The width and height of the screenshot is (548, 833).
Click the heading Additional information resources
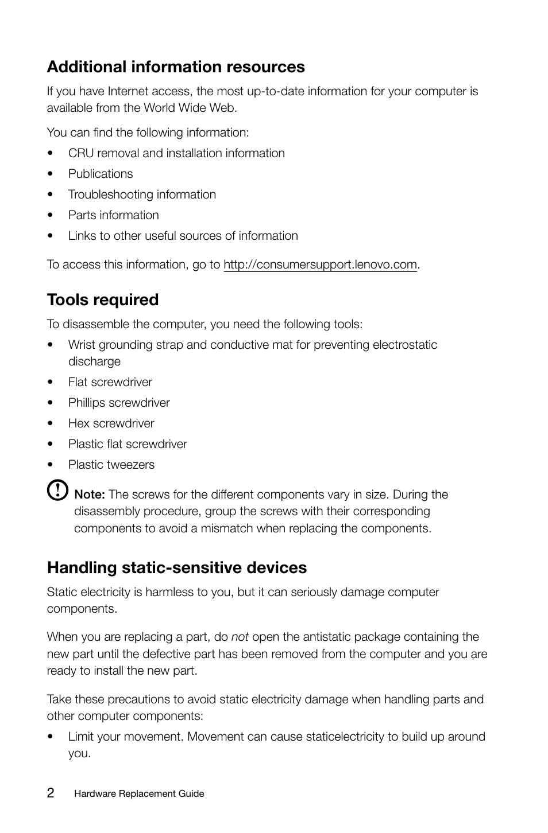click(x=176, y=67)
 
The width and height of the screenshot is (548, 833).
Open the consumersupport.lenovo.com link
click(x=320, y=264)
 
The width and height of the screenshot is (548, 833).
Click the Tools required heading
click(x=103, y=300)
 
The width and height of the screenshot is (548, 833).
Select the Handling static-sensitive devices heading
click(x=177, y=568)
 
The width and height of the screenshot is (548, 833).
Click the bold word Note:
click(x=90, y=495)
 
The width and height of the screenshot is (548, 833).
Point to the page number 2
click(x=51, y=793)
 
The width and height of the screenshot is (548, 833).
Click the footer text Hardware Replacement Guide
click(x=139, y=794)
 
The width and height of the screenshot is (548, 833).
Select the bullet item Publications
click(x=101, y=174)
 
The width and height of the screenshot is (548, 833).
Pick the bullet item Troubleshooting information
click(x=142, y=194)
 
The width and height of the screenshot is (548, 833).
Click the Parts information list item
click(x=114, y=215)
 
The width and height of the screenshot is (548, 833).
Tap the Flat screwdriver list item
click(x=110, y=382)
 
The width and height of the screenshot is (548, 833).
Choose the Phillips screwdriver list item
click(x=119, y=403)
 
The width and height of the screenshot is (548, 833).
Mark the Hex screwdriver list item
click(x=111, y=423)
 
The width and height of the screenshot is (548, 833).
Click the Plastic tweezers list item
click(x=111, y=465)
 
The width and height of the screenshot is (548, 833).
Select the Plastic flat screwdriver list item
click(x=128, y=444)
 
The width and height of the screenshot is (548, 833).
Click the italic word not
click(x=240, y=637)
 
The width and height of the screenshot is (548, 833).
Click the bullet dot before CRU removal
click(x=51, y=154)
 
